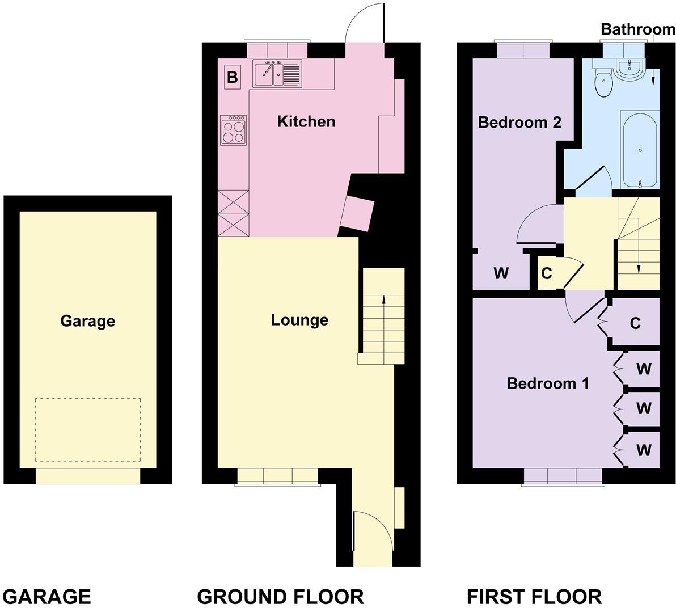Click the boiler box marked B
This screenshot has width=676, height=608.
point(233,77)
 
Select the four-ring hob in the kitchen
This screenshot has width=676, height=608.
point(233,130)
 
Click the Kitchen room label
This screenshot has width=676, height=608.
point(306,121)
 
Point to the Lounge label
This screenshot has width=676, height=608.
point(299,320)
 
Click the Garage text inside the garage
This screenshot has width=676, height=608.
point(87,321)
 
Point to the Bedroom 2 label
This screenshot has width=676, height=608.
point(519,123)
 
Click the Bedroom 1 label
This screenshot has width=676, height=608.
point(547,383)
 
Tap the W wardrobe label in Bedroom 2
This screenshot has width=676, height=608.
point(501,273)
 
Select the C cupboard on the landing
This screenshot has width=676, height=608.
point(547,273)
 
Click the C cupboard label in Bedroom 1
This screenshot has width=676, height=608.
point(635,323)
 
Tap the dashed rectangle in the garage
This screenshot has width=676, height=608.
point(88,430)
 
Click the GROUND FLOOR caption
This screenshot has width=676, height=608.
point(281,597)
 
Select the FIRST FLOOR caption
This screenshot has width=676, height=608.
point(534,597)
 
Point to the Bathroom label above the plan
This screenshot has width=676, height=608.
point(638,29)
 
